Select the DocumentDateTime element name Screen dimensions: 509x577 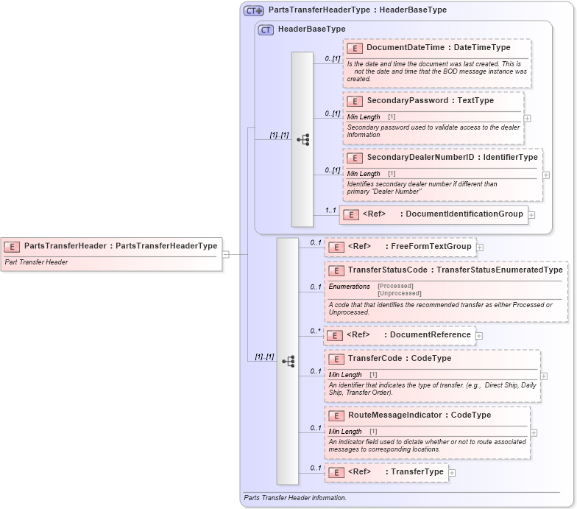(406, 48)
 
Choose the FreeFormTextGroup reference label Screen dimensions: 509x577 (431, 247)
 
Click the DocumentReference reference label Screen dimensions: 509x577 (430, 335)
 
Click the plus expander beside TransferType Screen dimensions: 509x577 (452, 473)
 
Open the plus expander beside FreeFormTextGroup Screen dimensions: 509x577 (480, 248)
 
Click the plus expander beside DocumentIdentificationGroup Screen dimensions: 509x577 (531, 215)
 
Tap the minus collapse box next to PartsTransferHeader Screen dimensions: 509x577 (226, 255)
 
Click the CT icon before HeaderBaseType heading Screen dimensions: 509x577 (266, 29)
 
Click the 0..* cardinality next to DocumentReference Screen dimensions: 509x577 (315, 331)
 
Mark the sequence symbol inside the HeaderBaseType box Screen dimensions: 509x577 (302, 139)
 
